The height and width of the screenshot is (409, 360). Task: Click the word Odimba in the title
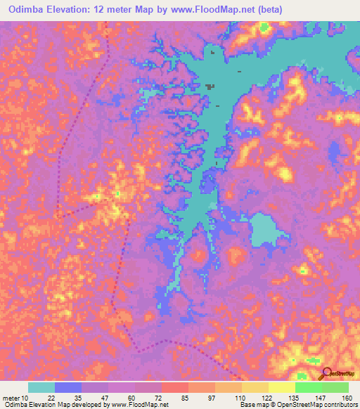point(23,8)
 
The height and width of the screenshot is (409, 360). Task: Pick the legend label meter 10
point(15,397)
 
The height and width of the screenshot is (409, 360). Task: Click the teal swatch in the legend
point(41,387)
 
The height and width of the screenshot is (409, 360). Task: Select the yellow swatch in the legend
point(281,387)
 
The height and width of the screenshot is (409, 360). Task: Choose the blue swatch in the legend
point(68,387)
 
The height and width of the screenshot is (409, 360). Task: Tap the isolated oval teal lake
point(263,232)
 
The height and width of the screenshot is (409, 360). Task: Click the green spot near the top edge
point(264,28)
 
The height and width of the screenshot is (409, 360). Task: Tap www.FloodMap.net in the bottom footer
point(137,405)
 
